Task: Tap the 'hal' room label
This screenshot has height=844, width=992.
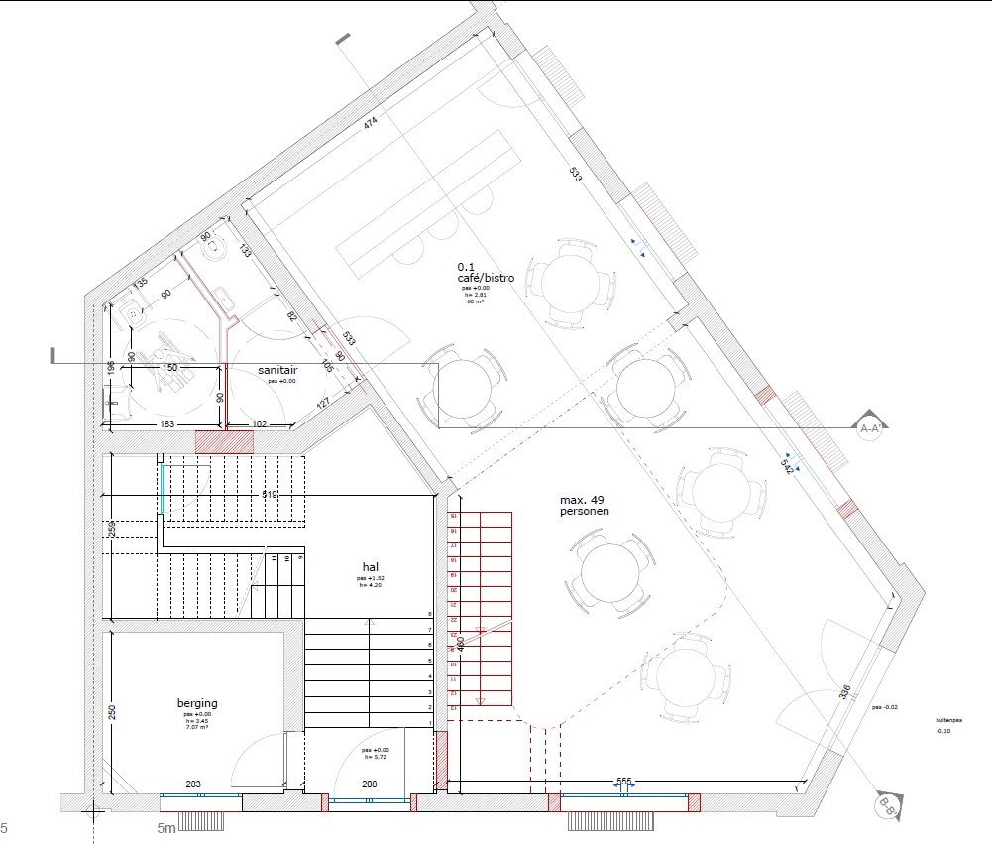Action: [x=371, y=566]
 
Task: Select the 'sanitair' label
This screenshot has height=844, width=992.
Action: [x=277, y=369]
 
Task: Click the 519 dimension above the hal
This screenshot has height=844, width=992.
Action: [x=270, y=494]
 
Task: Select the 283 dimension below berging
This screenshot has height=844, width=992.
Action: [x=193, y=784]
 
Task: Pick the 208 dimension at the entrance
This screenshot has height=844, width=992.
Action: [x=369, y=784]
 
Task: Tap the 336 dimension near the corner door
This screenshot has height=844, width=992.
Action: [x=844, y=691]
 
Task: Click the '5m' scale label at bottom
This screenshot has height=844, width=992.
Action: [x=166, y=828]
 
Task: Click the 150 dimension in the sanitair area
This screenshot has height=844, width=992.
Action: [x=169, y=368]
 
